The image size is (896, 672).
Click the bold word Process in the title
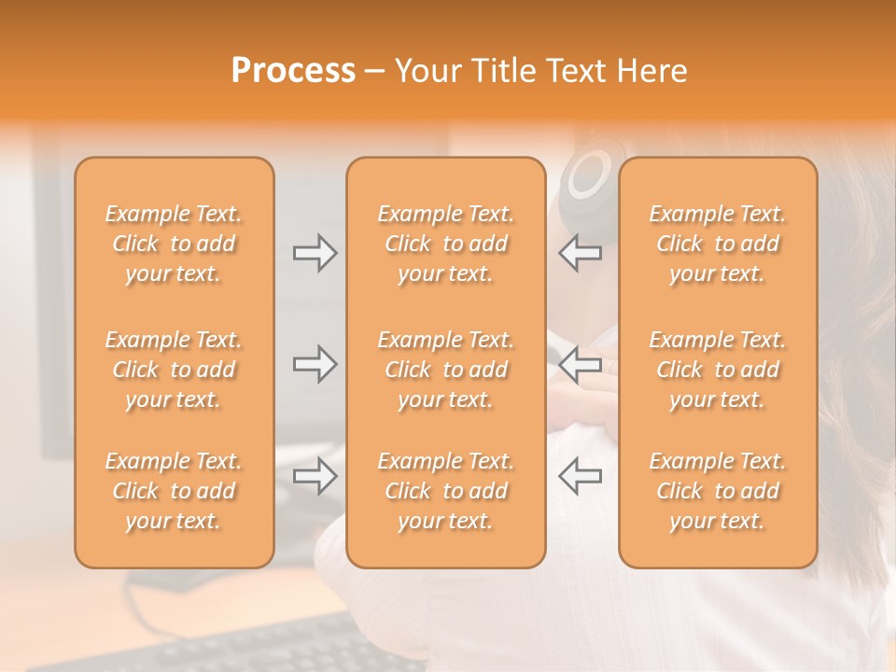[x=293, y=71]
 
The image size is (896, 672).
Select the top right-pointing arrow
[x=315, y=253]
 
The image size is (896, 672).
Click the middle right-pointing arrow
[x=315, y=364]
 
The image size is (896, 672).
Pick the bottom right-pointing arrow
[x=315, y=476]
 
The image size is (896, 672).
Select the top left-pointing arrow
[x=580, y=253]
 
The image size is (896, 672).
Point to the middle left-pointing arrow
[x=580, y=364]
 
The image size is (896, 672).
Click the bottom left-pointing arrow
[x=580, y=476]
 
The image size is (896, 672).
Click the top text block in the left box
[x=174, y=244]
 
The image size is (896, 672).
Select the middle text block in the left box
[x=174, y=370]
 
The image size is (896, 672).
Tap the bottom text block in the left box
[x=174, y=491]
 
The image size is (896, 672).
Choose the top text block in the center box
[x=446, y=244]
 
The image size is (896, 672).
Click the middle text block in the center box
[x=446, y=370]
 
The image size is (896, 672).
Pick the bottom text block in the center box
[x=446, y=491]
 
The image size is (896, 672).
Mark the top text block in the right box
[x=718, y=244]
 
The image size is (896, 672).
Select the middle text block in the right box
[x=718, y=370]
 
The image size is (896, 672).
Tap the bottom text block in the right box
[x=718, y=491]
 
